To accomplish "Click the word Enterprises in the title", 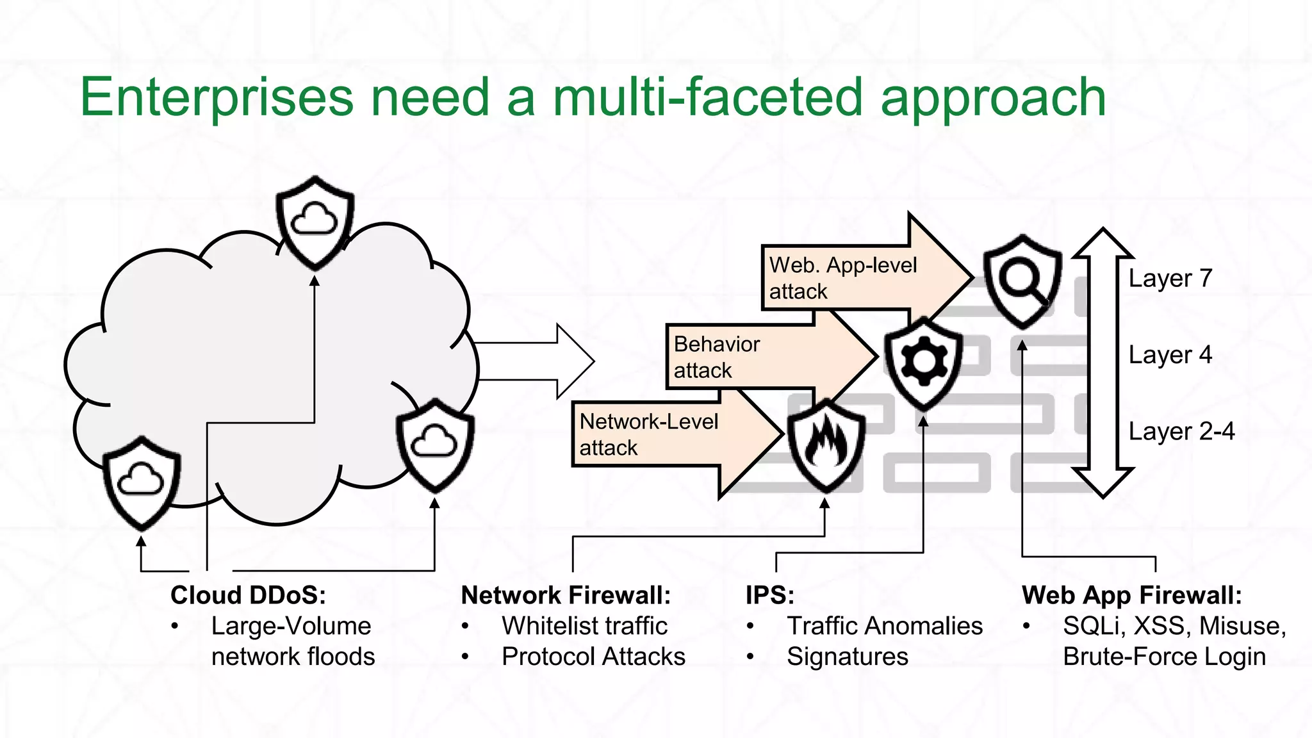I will pos(217,97).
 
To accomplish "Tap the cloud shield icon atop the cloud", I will pos(315,221).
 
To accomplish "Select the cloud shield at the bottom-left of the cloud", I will pos(142,482).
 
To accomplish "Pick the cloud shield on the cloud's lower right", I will pos(435,444).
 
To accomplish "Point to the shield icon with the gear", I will pos(923,363).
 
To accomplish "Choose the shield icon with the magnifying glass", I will pos(1022,281).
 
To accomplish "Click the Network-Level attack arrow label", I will pos(648,434).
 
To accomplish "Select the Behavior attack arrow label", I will pos(716,357).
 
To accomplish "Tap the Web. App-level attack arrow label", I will pos(842,278).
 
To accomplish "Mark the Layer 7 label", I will pos(1170,278).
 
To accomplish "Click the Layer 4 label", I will pos(1170,354).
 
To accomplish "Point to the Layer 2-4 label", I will pos(1181,431).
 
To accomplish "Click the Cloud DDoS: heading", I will pos(248,595).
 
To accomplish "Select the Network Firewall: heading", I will pos(566,595).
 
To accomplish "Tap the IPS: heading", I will pos(769,595).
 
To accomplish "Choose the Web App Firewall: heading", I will pos(1131,595).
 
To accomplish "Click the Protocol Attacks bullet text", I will pos(593,657).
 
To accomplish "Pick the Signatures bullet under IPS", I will pos(847,657).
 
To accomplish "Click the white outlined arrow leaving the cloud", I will pos(538,361).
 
